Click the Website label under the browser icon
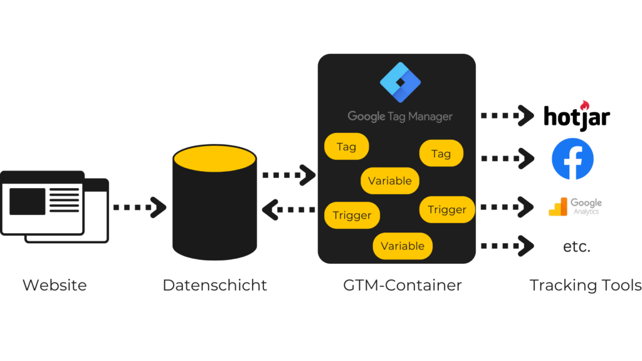[x=55, y=285]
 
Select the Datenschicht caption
[x=214, y=285]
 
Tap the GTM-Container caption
[x=402, y=285]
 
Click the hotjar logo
[x=576, y=117]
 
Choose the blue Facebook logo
[x=572, y=159]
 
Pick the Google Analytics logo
[x=575, y=206]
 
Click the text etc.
[x=576, y=247]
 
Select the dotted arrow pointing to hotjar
[x=507, y=116]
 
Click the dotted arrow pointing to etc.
[x=507, y=246]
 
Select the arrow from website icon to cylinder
[x=139, y=207]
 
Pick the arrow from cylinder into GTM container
[x=289, y=175]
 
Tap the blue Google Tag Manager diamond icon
[x=400, y=83]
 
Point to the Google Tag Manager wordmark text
[x=400, y=117]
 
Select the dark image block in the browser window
[x=27, y=201]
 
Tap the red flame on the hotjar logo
[x=585, y=104]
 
